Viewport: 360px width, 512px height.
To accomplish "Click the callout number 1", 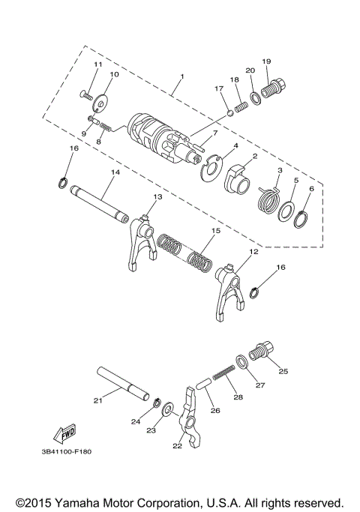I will [181, 77].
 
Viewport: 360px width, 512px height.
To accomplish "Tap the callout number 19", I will [265, 61].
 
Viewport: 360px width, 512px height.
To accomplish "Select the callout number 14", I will [115, 172].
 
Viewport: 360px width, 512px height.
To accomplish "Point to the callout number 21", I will [97, 400].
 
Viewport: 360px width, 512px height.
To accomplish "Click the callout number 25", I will [283, 370].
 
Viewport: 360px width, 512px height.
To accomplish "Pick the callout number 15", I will [215, 232].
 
